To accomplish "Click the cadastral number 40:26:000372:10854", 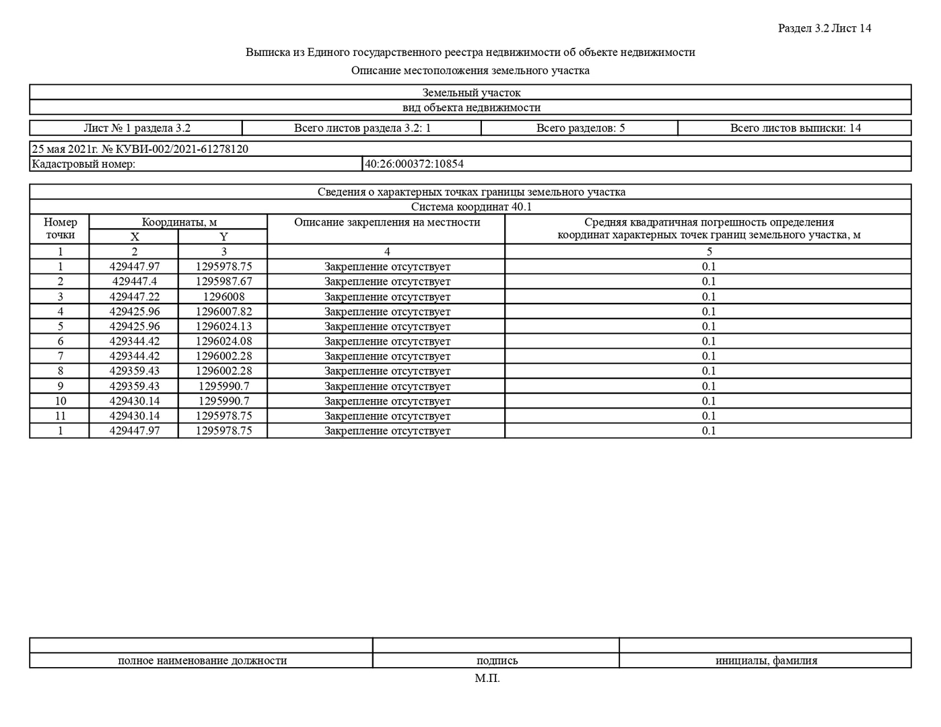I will (x=414, y=164).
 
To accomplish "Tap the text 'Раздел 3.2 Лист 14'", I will (x=825, y=28).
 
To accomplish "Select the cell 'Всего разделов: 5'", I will (x=580, y=128).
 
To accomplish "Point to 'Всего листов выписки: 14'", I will (x=795, y=128).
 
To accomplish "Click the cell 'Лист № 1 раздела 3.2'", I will (x=137, y=128).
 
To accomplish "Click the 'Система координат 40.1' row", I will (x=470, y=207).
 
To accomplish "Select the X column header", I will (x=135, y=237).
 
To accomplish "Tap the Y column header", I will (x=223, y=237).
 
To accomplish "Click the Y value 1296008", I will (x=223, y=297).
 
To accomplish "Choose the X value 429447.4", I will (x=135, y=281).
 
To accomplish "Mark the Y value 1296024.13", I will (x=223, y=326).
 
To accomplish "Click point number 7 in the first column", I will (x=61, y=356).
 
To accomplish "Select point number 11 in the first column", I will (x=61, y=416).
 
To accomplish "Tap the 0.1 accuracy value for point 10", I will (x=709, y=401).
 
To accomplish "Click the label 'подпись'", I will (x=497, y=660).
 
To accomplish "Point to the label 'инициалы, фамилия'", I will (x=766, y=660).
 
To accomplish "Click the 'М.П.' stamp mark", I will (x=487, y=679).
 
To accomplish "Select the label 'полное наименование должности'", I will (x=202, y=660).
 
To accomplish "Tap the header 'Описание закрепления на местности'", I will (x=387, y=222).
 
